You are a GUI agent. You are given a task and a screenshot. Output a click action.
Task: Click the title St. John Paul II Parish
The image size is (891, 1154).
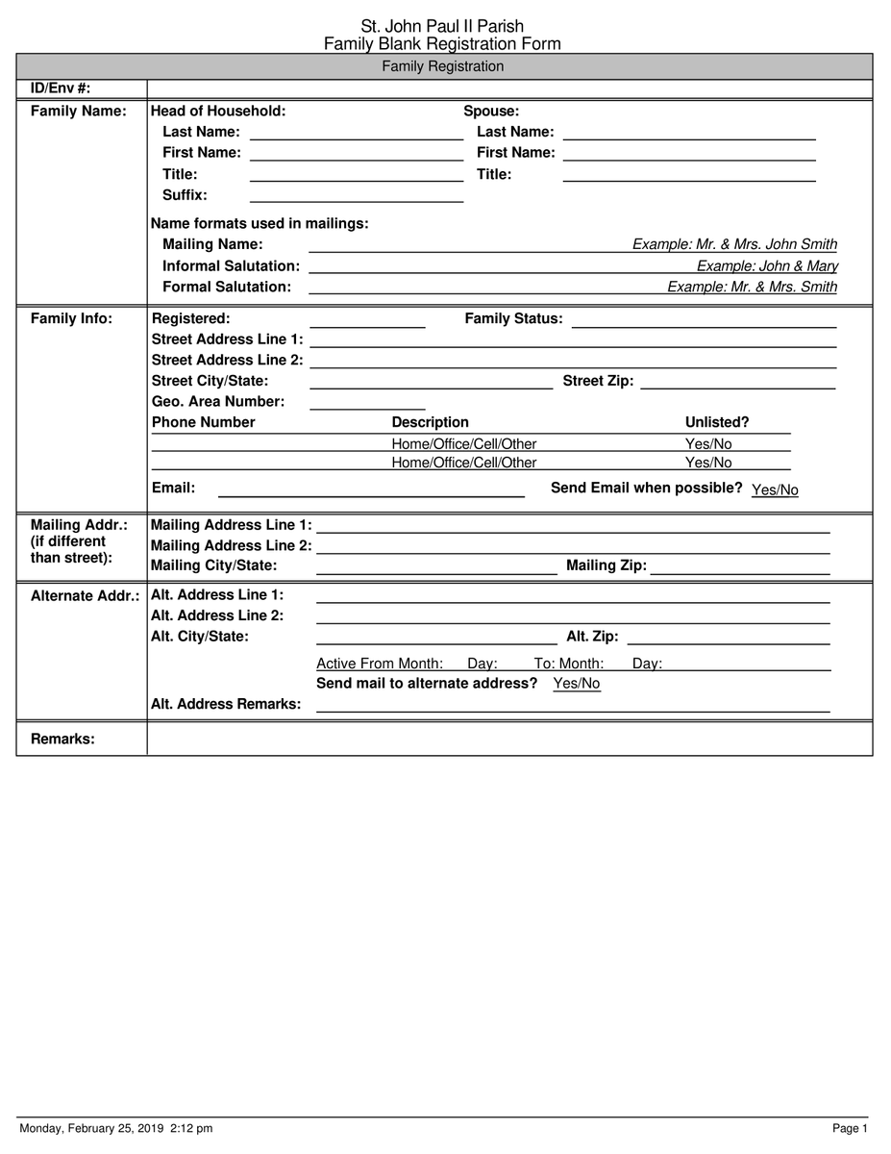click(x=442, y=27)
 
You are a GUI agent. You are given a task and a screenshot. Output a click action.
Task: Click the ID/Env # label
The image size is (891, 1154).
click(x=61, y=88)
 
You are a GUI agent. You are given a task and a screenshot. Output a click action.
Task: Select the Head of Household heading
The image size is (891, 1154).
click(x=218, y=111)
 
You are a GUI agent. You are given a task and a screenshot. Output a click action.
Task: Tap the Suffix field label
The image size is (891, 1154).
click(x=185, y=195)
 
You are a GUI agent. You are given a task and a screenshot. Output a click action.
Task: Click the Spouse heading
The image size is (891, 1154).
click(x=491, y=111)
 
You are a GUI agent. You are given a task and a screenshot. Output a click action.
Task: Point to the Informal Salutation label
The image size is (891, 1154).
click(x=231, y=265)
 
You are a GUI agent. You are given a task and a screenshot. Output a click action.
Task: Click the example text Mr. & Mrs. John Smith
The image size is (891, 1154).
click(x=734, y=244)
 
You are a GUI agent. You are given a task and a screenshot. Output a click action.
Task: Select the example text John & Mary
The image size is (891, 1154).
click(x=767, y=266)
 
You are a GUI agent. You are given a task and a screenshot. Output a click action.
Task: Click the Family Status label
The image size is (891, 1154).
click(x=513, y=318)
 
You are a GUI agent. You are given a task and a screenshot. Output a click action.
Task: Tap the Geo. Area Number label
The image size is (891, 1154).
click(x=218, y=401)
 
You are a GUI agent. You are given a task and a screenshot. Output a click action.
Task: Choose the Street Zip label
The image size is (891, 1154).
click(x=598, y=381)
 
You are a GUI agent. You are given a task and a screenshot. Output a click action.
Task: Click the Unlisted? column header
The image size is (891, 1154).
click(x=716, y=422)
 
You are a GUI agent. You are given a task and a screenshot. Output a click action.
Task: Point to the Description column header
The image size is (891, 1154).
click(x=430, y=422)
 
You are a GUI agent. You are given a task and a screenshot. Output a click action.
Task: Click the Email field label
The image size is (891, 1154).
click(x=173, y=488)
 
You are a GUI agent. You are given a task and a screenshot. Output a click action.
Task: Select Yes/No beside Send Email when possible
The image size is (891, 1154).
click(x=775, y=490)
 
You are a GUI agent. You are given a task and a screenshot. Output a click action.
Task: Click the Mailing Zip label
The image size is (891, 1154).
click(x=606, y=565)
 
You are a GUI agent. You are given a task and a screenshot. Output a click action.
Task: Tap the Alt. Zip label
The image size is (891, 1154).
click(x=592, y=637)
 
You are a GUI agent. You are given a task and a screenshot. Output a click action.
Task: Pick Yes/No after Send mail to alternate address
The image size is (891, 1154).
click(x=577, y=684)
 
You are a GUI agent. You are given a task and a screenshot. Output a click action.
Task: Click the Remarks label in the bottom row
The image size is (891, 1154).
click(x=62, y=739)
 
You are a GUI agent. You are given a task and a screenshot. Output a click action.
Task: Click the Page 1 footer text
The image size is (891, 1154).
click(x=850, y=1128)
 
